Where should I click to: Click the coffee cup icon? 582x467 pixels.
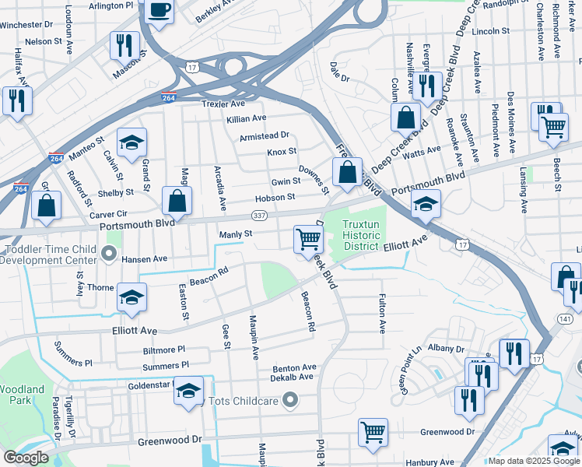160,11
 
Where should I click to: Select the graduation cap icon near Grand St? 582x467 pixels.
131,142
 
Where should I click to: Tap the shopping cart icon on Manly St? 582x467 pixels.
308,238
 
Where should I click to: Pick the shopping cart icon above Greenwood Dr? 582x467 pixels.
373,431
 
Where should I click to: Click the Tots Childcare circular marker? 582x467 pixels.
290,401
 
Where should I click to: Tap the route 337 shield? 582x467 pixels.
260,215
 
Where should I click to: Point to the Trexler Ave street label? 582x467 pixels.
223,104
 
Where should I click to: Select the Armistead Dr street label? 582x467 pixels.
264,135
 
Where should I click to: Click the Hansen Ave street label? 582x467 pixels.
144,258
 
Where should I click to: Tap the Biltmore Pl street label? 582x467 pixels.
164,350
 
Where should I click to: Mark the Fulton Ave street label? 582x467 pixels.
382,314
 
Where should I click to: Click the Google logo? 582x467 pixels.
26,458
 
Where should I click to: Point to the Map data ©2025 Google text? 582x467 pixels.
534,461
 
